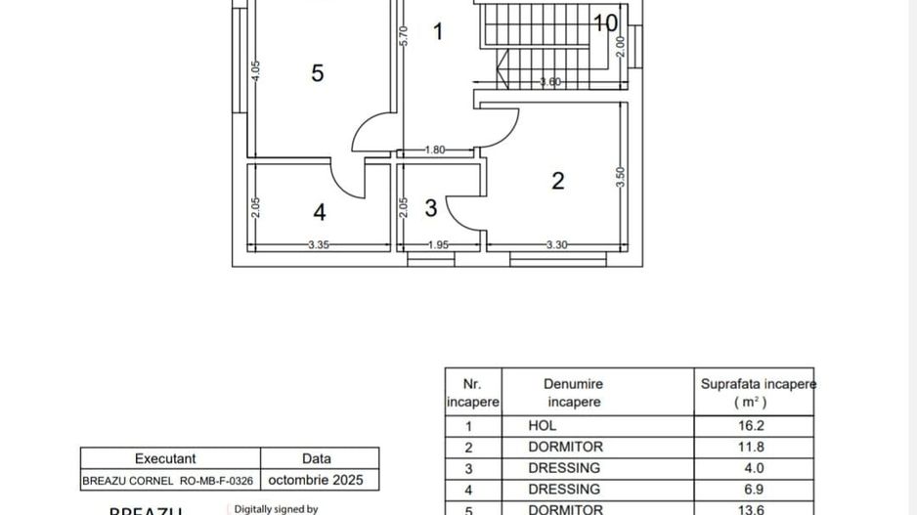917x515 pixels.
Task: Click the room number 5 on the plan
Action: [317, 73]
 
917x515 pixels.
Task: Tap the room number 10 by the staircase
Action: [605, 22]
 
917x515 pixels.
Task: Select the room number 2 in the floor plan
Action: [557, 181]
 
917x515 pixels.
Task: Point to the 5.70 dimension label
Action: [403, 35]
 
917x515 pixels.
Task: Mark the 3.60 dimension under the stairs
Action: [550, 83]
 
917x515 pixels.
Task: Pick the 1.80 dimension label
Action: [435, 150]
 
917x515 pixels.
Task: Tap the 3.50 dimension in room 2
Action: [620, 177]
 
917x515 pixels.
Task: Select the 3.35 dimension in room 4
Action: [318, 245]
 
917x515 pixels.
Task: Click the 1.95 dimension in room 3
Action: [439, 245]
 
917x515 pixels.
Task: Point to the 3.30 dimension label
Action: [555, 245]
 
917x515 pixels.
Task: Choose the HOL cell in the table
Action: [543, 426]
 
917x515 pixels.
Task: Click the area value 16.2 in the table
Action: [754, 426]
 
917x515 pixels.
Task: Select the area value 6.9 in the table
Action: [754, 489]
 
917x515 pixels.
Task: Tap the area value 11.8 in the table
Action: [754, 448]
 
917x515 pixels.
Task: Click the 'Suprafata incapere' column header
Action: [756, 392]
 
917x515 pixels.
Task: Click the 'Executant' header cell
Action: [165, 458]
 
